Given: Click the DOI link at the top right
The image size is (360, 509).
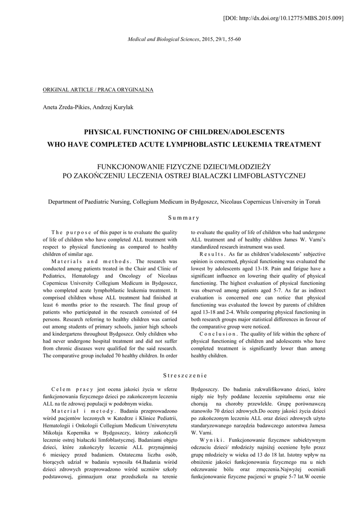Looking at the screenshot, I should pyautogui.click(x=284, y=18).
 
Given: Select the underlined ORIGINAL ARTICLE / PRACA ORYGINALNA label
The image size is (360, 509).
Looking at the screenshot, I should pyautogui.click(x=98, y=89).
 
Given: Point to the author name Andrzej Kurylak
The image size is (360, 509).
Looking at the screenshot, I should pyautogui.click(x=116, y=107).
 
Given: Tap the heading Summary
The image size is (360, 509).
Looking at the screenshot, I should pyautogui.click(x=183, y=217).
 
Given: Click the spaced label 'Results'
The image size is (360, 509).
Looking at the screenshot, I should pyautogui.click(x=213, y=254).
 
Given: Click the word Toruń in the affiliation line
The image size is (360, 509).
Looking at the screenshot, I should pyautogui.click(x=313, y=202).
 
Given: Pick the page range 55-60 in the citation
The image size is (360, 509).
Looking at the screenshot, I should pyautogui.click(x=235, y=38).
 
